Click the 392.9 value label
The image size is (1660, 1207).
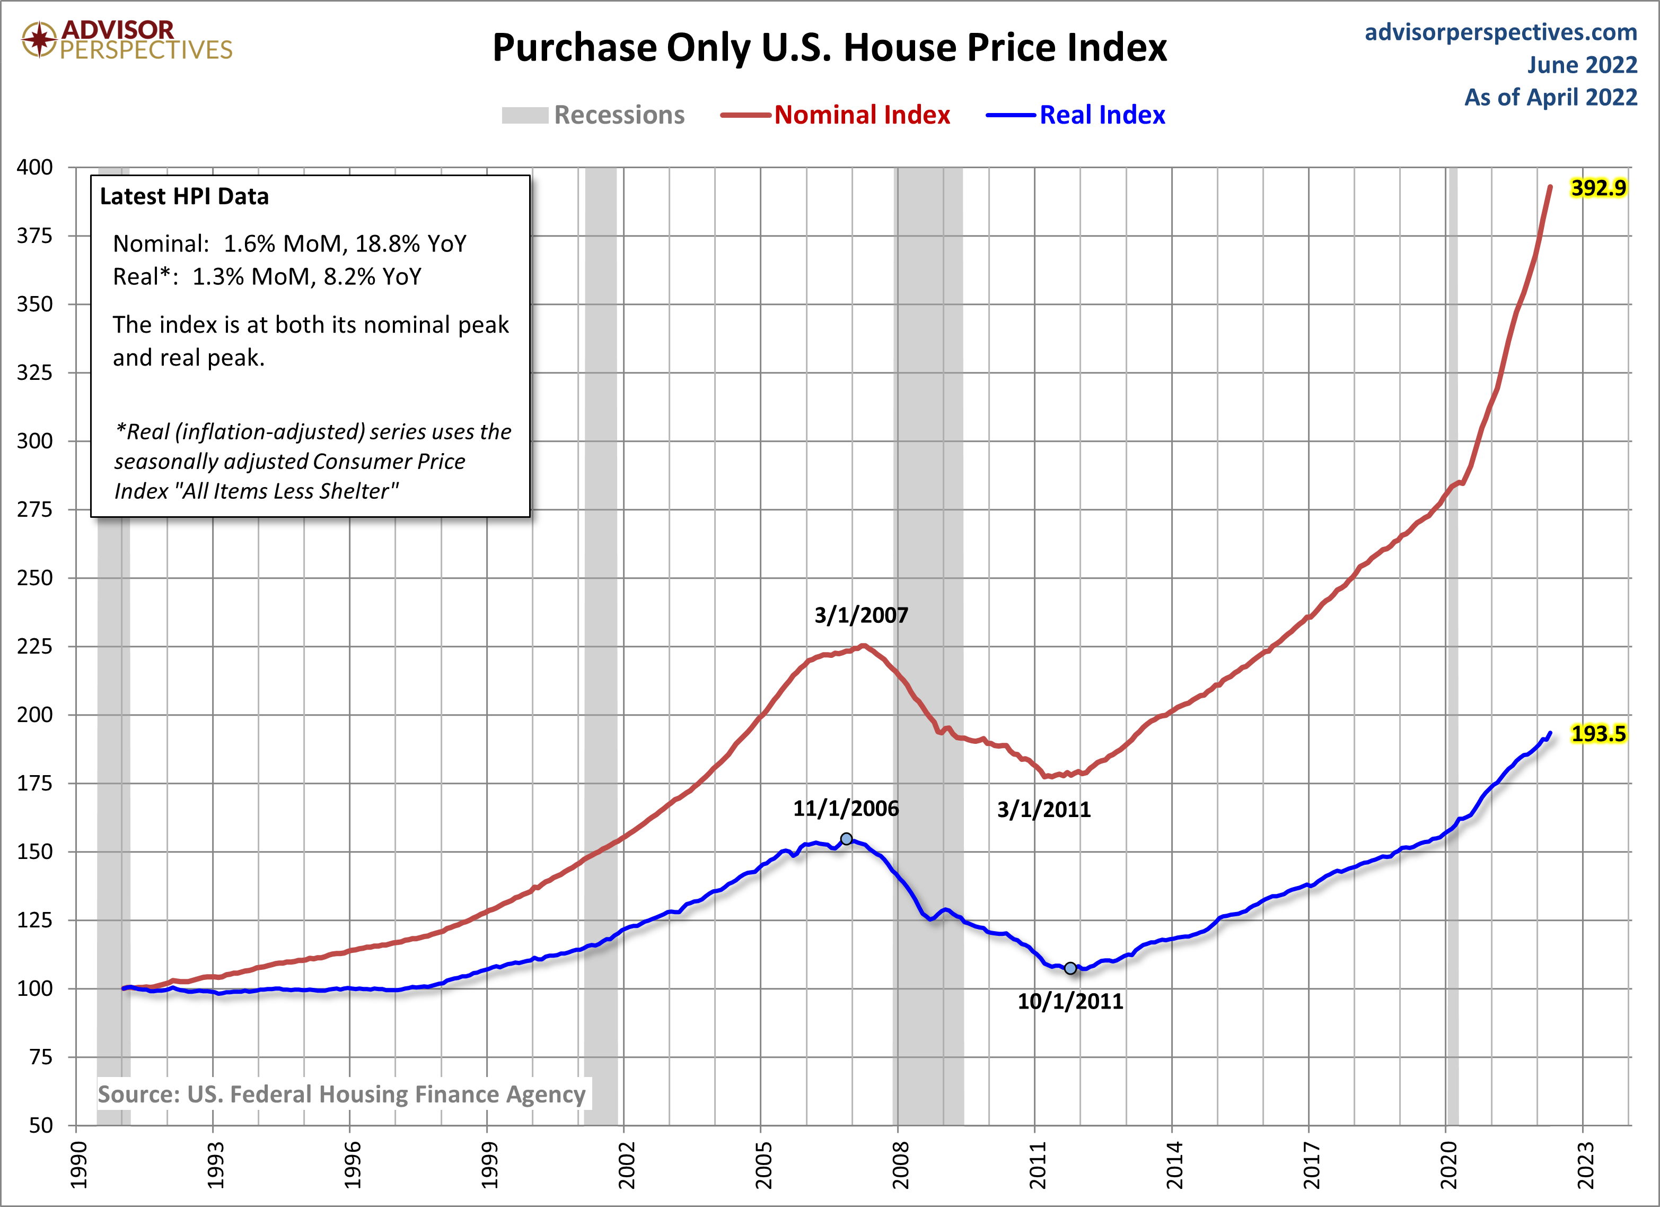click(x=1598, y=188)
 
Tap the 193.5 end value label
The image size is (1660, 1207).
click(x=1598, y=733)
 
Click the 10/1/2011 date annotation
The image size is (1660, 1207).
click(x=1069, y=1001)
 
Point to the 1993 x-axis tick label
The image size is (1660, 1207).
click(x=214, y=1165)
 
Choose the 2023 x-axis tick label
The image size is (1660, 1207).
click(x=1584, y=1165)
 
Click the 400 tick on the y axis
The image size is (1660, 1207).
click(x=35, y=167)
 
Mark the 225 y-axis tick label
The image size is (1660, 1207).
click(x=35, y=646)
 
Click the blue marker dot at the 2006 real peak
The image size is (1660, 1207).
click(x=846, y=839)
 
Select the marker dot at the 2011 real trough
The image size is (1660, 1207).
click(x=1070, y=968)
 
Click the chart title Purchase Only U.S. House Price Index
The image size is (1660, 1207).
click(x=829, y=48)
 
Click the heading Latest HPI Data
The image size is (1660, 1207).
click(x=185, y=196)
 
